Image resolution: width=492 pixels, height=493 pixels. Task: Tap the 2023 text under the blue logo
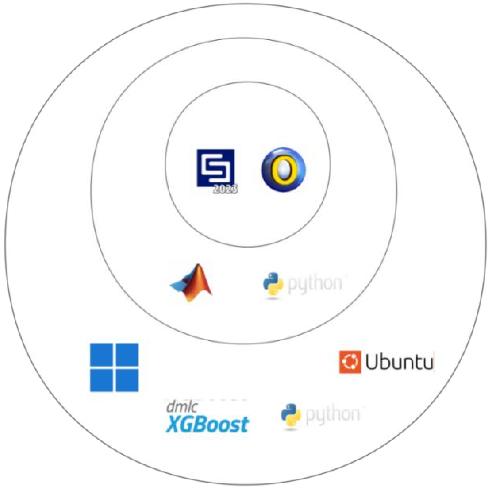[226, 189]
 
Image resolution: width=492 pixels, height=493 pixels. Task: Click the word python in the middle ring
[315, 284]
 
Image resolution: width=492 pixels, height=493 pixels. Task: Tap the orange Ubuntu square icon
[350, 362]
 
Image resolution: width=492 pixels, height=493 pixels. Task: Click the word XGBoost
[207, 424]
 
